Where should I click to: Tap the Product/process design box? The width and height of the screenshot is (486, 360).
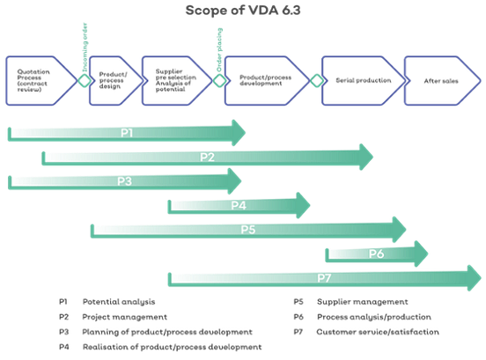(x=113, y=80)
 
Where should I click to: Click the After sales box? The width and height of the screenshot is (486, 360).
(x=440, y=80)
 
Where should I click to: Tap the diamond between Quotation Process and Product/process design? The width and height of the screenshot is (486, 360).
(x=84, y=80)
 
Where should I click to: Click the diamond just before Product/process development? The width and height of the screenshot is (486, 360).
(x=217, y=80)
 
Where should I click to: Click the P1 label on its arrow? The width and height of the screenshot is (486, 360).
(x=127, y=133)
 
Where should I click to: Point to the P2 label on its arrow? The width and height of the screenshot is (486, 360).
(x=208, y=158)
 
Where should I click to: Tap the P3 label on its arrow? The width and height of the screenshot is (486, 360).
(x=124, y=181)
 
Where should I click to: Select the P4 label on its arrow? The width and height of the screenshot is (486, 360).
(x=238, y=206)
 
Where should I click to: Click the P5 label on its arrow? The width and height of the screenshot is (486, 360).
(x=248, y=230)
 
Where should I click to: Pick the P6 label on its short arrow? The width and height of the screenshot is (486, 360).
(x=376, y=254)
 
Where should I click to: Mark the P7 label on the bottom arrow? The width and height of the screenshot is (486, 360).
(x=324, y=278)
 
